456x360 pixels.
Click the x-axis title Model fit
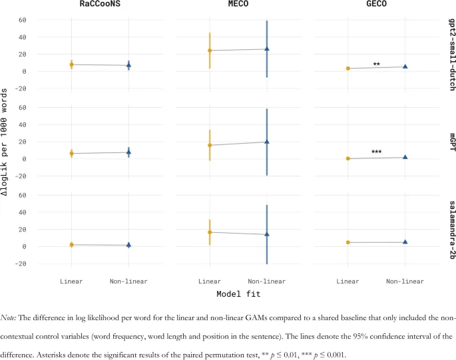[238, 293]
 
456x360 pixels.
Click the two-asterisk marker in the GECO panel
[377, 65]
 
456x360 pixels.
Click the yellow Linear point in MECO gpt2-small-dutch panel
[210, 51]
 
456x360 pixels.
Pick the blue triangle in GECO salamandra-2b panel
[405, 242]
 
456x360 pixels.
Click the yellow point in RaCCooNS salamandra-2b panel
[71, 245]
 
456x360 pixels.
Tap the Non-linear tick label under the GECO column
[405, 281]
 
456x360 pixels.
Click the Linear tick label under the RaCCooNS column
[71, 281]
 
